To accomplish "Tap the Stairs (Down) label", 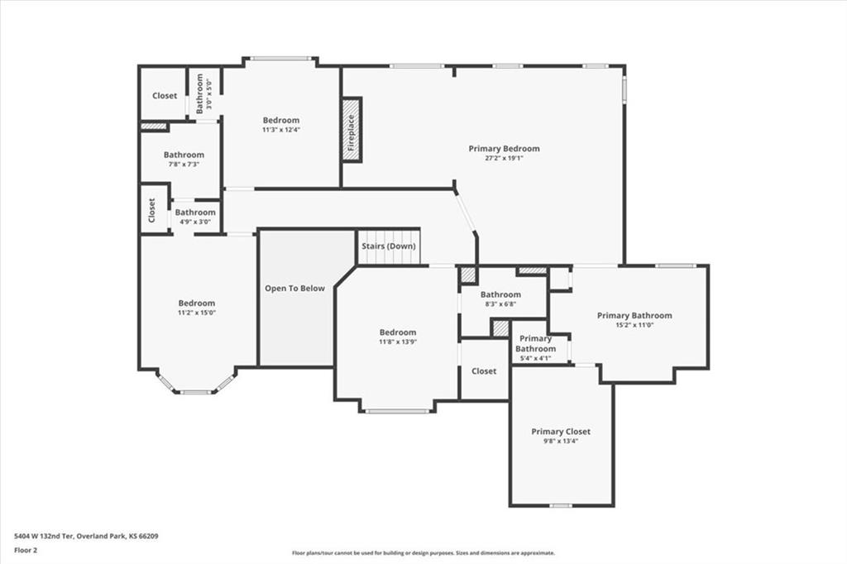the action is pos(389,246).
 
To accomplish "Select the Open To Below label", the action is pos(295,289).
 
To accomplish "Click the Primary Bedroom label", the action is pos(504,149).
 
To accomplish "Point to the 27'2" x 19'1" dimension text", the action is pos(504,158).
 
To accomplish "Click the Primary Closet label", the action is pos(561,432).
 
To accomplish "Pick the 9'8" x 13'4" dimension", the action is pos(561,441).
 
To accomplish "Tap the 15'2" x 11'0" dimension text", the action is pos(634,325).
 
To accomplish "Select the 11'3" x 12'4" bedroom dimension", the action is pos(281,130).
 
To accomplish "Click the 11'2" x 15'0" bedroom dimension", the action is pos(197,313).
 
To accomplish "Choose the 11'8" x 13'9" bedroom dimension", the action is pos(398,342).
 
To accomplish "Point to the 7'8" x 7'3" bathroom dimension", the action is pos(184,165).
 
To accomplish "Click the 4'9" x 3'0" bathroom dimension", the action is pos(195,222).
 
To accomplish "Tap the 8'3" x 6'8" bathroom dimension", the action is pos(500,304).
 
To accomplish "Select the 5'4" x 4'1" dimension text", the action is pos(535,357).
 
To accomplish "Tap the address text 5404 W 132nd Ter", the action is pos(44,537).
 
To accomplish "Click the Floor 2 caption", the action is pos(26,551).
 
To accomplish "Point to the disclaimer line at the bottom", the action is pos(423,552).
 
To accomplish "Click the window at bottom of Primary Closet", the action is pos(561,505).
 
